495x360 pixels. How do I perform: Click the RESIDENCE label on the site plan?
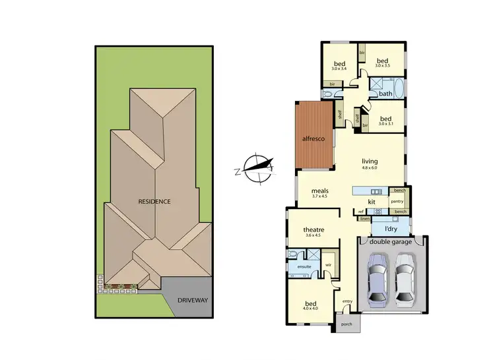point(154,201)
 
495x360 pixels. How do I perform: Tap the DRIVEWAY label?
point(192,300)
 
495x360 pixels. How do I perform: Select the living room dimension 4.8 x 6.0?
point(369,169)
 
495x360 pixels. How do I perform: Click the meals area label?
point(320,191)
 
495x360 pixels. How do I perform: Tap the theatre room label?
point(313,230)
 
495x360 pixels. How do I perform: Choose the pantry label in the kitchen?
point(397,201)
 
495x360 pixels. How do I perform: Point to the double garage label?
point(391,242)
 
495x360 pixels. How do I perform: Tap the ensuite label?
point(304,266)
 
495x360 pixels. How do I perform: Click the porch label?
point(345,324)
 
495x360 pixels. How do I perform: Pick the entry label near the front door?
point(347,301)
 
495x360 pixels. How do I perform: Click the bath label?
point(385,94)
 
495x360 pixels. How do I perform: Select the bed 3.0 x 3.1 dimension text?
point(385,124)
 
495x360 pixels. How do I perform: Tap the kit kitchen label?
point(372,201)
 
